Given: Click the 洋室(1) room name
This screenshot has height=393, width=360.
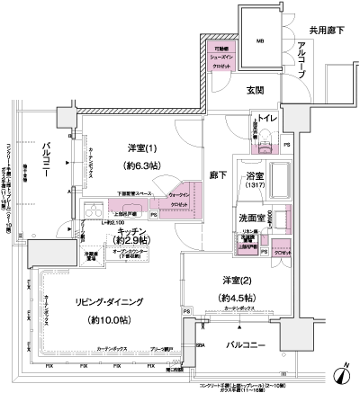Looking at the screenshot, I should pyautogui.click(x=142, y=148).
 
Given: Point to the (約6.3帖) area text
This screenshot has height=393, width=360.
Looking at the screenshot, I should pyautogui.click(x=142, y=166).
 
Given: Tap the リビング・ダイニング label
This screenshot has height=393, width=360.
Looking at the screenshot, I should pyautogui.click(x=91, y=302).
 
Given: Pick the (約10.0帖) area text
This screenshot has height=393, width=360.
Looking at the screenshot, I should pyautogui.click(x=91, y=320).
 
